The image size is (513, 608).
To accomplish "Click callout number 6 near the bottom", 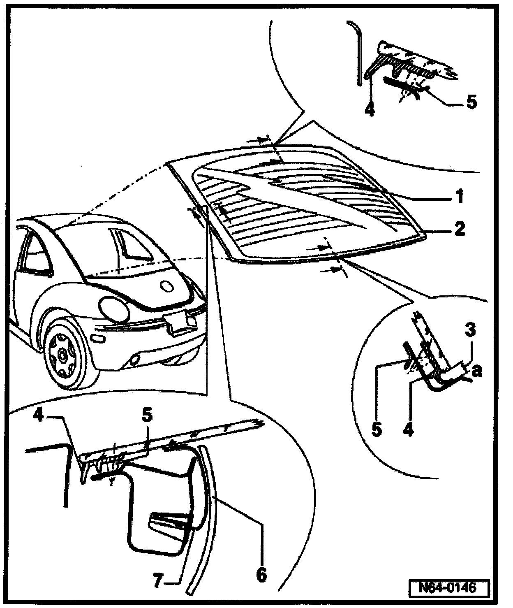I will pos(261,573).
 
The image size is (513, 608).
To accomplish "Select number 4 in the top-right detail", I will pos(370,110).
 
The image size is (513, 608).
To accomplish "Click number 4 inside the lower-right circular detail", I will pos(409,429).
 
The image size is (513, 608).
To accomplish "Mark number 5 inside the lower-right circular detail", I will pos(376,429).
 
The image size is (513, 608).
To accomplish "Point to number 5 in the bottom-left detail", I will pos(147,415).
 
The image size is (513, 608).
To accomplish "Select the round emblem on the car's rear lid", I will pos(167,286).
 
